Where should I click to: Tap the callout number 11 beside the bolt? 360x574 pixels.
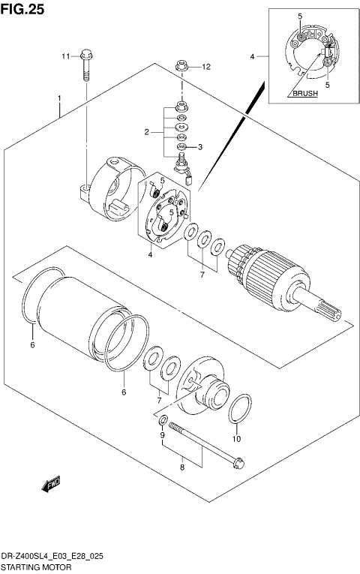pos(65,56)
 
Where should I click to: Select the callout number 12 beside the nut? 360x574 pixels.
pos(206,67)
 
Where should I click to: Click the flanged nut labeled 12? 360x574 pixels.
pos(181,67)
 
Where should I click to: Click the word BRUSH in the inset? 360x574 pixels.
pos(304,94)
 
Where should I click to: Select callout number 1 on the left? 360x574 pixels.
pos(58,98)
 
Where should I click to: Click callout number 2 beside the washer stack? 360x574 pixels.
pos(148,132)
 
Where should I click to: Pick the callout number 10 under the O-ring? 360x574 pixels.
pos(237,439)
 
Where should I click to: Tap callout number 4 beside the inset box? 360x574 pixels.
pos(253,56)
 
